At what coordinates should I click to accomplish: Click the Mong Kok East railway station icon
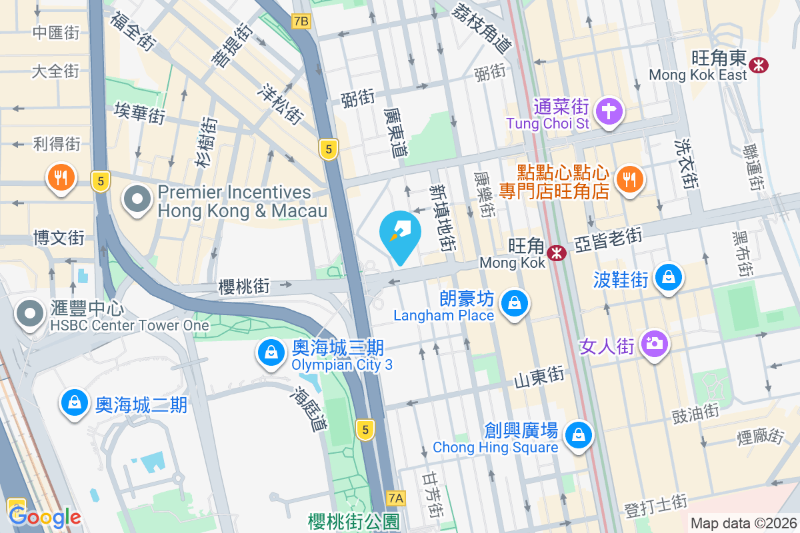[x=758, y=65]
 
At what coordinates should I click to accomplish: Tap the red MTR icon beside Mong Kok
[x=557, y=253]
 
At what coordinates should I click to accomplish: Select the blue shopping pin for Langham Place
[x=514, y=304]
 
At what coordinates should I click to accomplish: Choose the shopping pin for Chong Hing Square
[x=577, y=435]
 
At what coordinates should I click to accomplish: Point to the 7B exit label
[x=301, y=21]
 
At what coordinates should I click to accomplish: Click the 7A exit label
[x=396, y=498]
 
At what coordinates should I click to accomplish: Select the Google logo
[x=45, y=516]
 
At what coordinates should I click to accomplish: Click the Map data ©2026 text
[x=743, y=524]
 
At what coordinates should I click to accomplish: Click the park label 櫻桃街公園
[x=353, y=521]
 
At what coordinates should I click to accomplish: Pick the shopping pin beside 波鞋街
[x=667, y=278]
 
